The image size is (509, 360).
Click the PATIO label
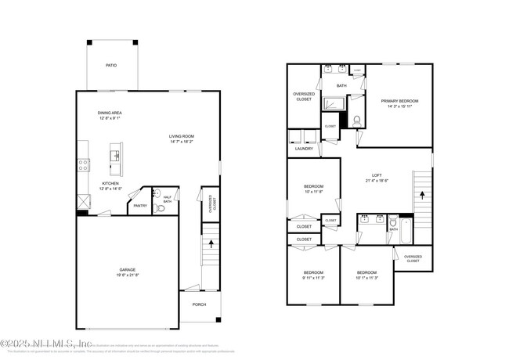[x=112, y=65]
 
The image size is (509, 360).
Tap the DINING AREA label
[x=109, y=113]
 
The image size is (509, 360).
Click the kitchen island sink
[x=116, y=154]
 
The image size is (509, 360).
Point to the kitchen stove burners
[x=82, y=164]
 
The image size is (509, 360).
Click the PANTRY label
[x=139, y=206]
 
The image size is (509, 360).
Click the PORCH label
[x=199, y=304]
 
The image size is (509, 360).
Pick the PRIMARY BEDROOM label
[x=399, y=101]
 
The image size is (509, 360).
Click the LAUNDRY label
[x=304, y=148]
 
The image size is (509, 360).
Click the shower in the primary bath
[x=334, y=103]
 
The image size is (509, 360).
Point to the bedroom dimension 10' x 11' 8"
[x=313, y=192]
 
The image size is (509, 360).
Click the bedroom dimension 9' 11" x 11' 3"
[x=313, y=278]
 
